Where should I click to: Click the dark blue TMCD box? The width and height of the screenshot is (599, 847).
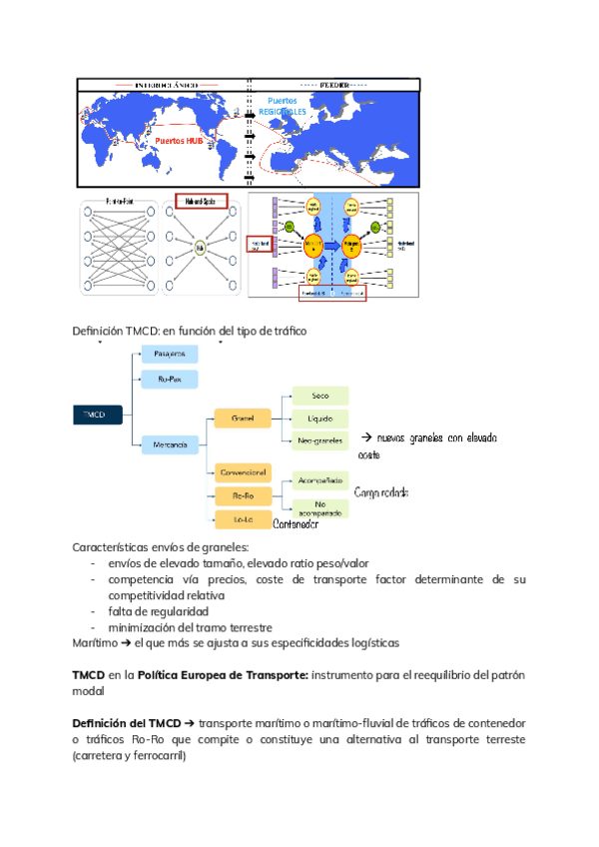[x=97, y=413]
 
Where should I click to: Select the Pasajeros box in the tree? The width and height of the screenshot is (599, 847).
[x=170, y=354]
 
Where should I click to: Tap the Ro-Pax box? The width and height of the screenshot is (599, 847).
[x=170, y=380]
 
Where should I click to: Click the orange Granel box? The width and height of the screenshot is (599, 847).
[x=243, y=418]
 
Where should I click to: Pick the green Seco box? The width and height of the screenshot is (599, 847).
[x=319, y=396]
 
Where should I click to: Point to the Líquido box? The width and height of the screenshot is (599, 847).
[x=319, y=418]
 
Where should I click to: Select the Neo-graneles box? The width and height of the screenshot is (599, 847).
[x=319, y=440]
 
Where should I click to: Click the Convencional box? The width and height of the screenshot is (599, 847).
[x=243, y=470]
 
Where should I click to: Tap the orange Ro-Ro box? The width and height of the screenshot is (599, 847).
[x=243, y=494]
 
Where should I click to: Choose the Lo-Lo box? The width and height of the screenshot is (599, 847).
[x=243, y=518]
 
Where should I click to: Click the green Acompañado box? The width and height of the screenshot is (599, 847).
[x=319, y=480]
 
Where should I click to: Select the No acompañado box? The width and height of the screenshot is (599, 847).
[x=319, y=508]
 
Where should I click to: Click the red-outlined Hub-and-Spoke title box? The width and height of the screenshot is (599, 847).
[x=201, y=201]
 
